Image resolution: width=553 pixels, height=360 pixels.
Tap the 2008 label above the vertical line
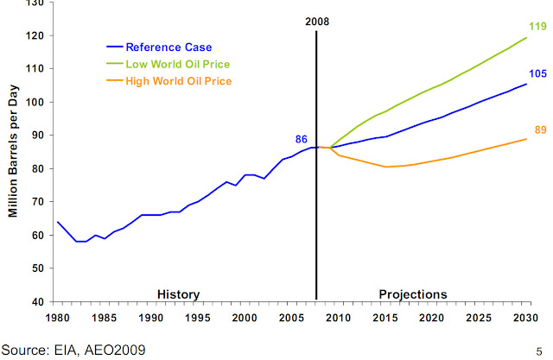317,22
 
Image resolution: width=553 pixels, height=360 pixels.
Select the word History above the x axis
179,294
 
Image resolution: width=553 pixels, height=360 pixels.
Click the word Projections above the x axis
414,294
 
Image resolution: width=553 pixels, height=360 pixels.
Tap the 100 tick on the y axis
37,102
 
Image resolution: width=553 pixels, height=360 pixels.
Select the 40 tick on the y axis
41,301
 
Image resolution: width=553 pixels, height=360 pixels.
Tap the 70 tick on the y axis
41,201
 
